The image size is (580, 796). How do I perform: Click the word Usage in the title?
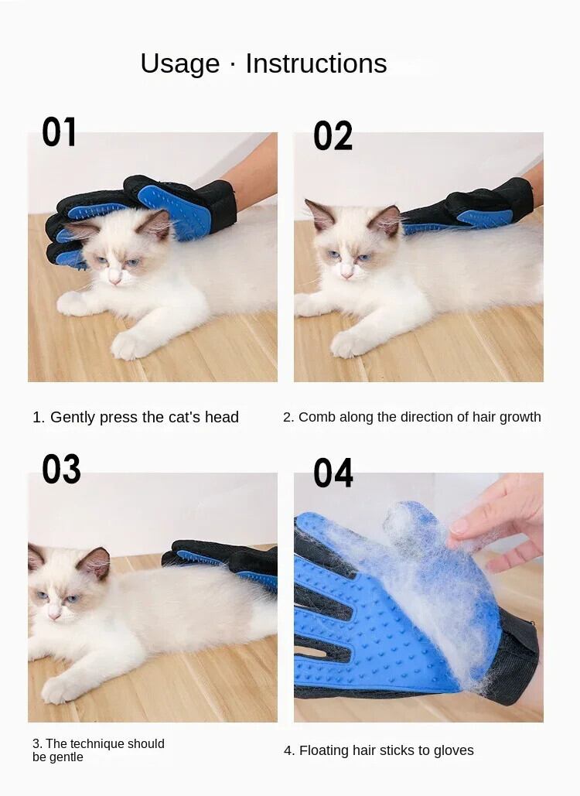180,64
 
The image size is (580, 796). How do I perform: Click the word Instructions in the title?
316,63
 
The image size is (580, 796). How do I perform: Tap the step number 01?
59,132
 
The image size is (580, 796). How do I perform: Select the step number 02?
333,136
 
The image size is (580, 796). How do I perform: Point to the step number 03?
61,469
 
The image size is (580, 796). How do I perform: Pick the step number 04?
333,473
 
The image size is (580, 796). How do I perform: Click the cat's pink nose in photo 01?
114,278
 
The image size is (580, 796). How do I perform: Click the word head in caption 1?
221,417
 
